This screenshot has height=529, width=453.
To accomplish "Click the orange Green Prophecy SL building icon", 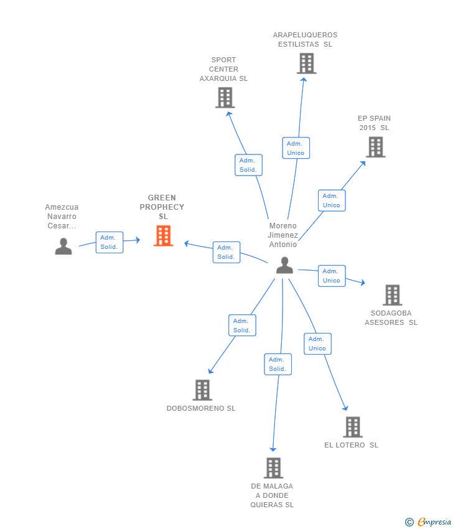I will [163, 236].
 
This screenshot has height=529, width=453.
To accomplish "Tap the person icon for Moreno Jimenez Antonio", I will [284, 265].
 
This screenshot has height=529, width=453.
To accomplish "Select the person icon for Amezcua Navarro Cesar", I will [63, 246].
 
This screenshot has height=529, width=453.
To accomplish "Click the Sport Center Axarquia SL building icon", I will [225, 98].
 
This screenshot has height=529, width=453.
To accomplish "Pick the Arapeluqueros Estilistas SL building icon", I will [306, 63].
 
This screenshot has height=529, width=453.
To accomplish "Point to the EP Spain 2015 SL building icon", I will [375, 147].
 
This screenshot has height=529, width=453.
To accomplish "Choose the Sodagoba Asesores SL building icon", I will [392, 295].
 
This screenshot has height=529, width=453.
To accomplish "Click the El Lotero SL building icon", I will [353, 427].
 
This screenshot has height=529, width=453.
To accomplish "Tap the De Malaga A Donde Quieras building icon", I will [273, 468].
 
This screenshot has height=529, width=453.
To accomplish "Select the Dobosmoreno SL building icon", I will [202, 390].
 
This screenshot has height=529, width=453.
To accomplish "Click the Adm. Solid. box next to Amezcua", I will [109, 242].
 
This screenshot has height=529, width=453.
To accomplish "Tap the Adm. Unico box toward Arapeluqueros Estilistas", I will [296, 148].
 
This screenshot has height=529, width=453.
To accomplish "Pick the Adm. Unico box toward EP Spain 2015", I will [331, 200].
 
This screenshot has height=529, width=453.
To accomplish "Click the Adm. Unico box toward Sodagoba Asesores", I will [331, 276].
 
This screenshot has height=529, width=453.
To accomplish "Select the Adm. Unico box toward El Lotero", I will [317, 344].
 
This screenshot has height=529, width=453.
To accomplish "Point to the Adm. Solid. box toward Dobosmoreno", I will [241, 325].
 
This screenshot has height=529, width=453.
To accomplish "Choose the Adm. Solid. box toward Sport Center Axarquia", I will [248, 165].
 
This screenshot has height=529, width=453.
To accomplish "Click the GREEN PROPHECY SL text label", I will [162, 207].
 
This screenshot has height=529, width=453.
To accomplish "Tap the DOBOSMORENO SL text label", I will [201, 409].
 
